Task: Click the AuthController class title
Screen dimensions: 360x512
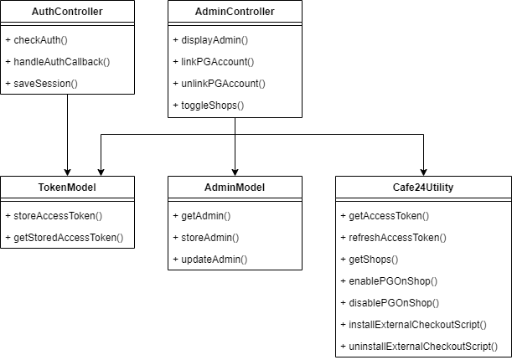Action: pyautogui.click(x=67, y=12)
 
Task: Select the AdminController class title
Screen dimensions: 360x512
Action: pyautogui.click(x=235, y=12)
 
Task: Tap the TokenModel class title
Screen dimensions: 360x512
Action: pyautogui.click(x=67, y=187)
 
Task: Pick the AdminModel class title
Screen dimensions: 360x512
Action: pyautogui.click(x=235, y=187)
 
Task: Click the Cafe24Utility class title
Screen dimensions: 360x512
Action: pyautogui.click(x=423, y=187)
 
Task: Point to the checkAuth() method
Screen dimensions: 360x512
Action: pyautogui.click(x=39, y=40)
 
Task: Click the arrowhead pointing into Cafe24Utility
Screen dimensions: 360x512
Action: pyautogui.click(x=423, y=171)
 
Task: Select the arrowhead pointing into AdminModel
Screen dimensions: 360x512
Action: pyautogui.click(x=235, y=171)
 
